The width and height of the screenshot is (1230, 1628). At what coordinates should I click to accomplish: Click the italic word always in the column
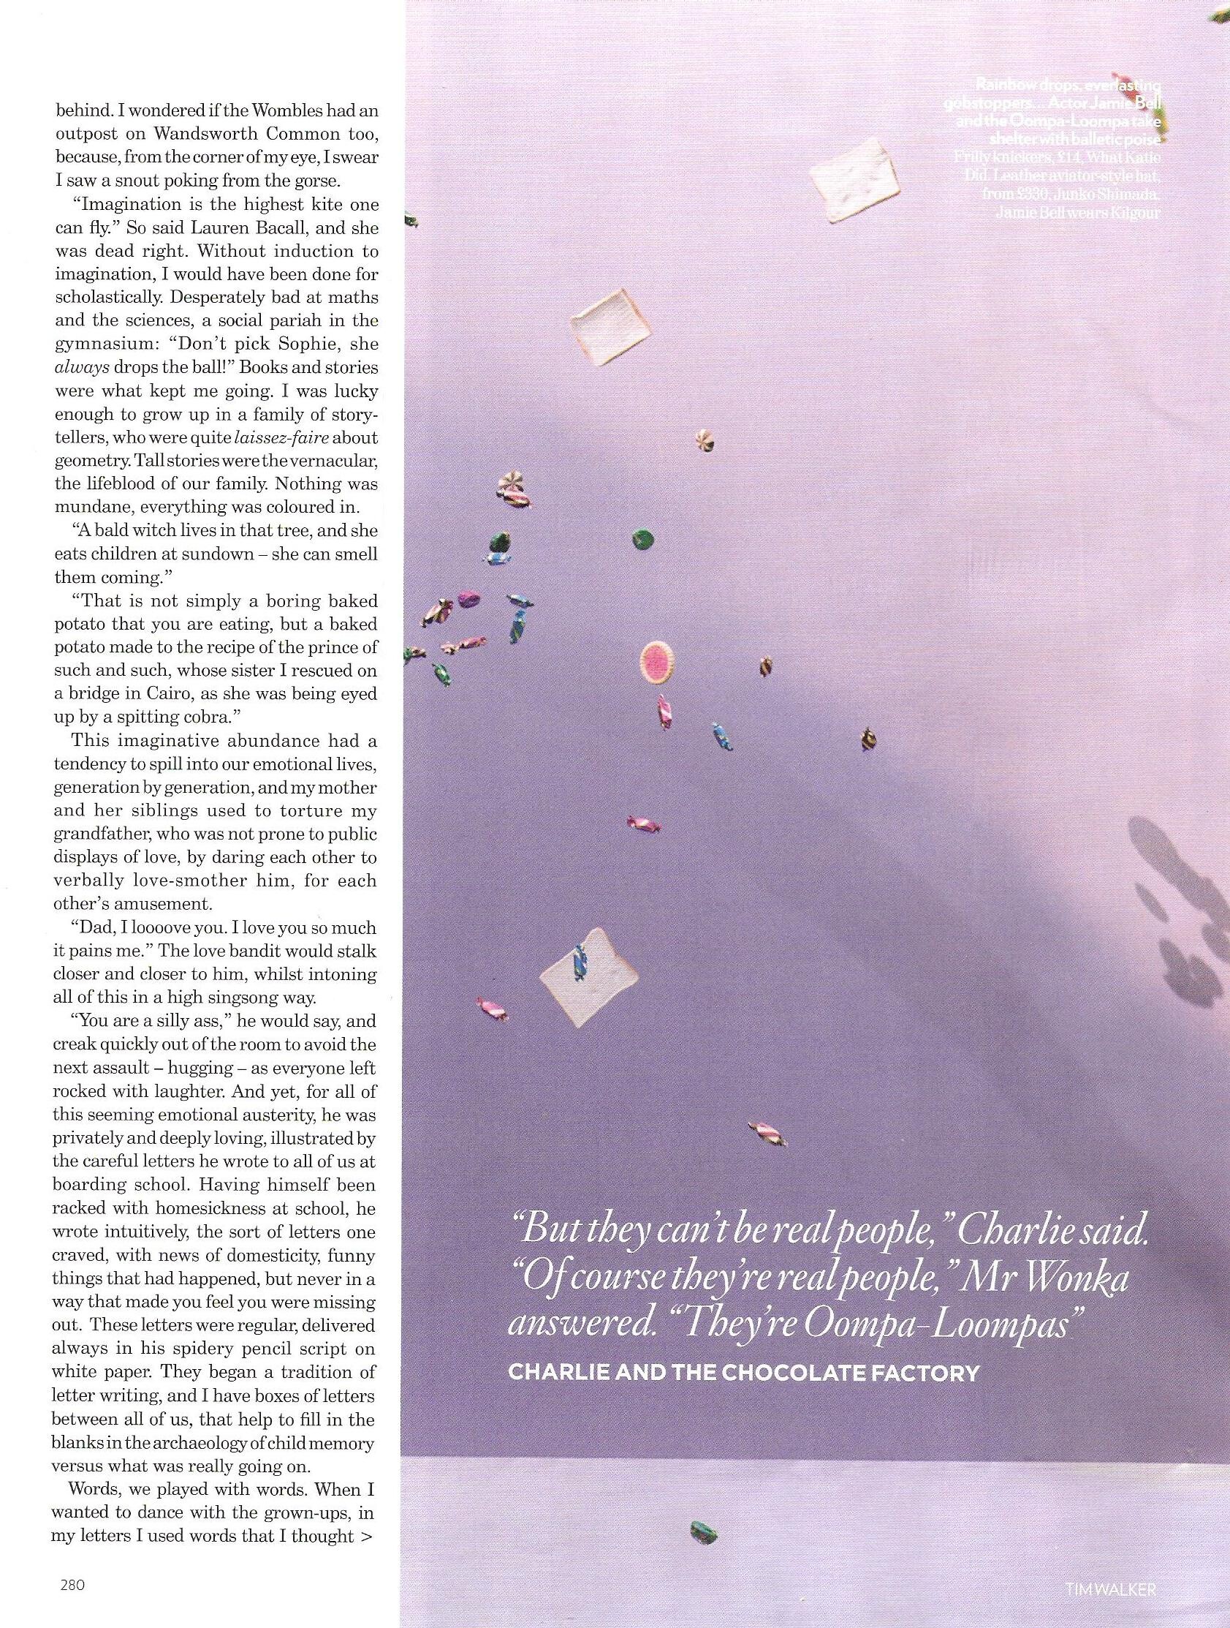82,367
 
